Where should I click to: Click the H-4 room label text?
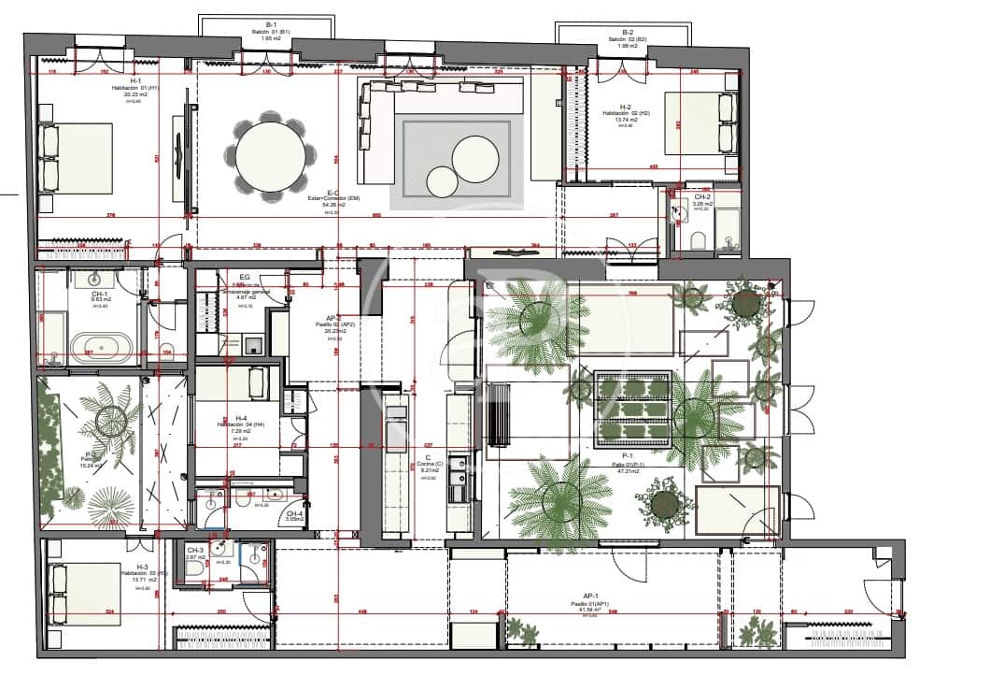point(241,421)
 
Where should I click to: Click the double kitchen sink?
point(459,487)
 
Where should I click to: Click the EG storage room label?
point(244,278)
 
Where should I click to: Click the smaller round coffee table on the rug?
point(440,180)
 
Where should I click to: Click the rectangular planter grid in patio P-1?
point(633,408)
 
